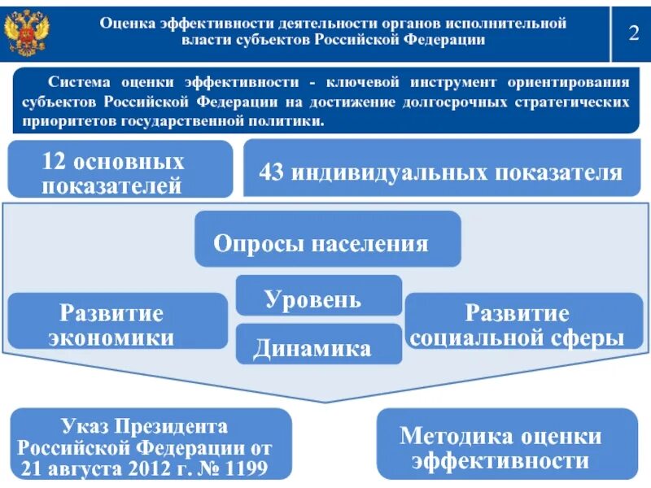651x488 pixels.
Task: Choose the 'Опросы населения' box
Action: (327, 242)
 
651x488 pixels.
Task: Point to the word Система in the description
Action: (77, 83)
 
